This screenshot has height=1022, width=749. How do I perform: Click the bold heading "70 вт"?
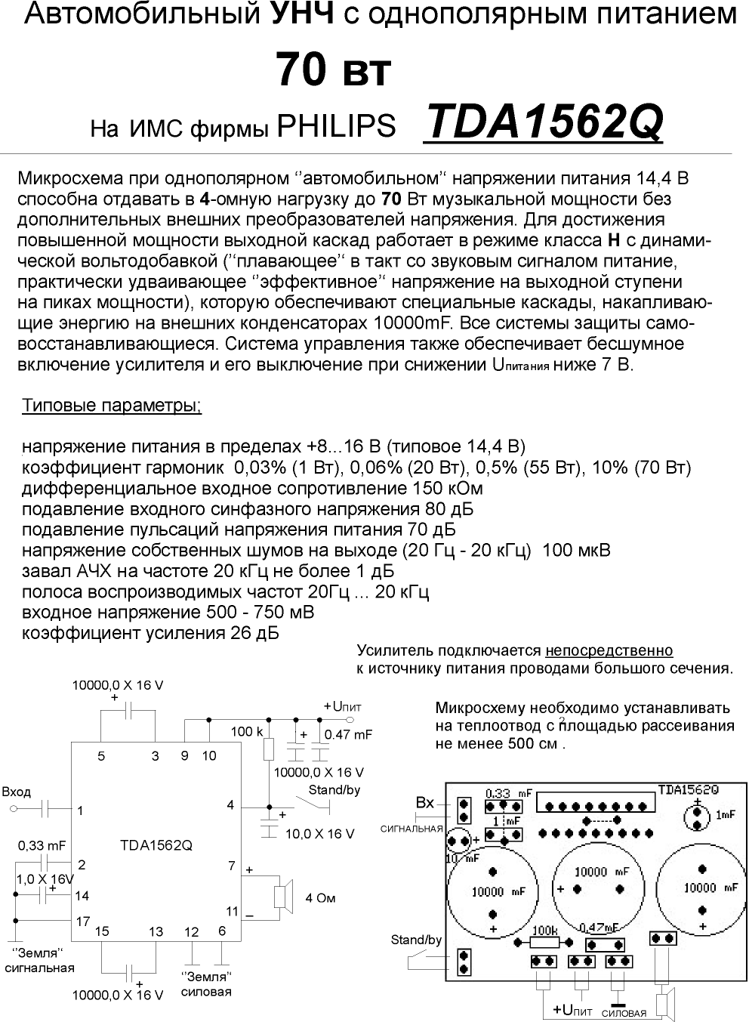tap(333, 70)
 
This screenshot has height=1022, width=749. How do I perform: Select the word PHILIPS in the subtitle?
tap(337, 126)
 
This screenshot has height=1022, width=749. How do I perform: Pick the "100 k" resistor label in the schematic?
tap(247, 731)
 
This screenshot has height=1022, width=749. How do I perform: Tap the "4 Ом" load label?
tap(320, 898)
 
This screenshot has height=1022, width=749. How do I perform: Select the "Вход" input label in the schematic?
tap(16, 792)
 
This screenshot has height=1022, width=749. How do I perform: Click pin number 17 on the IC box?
tap(82, 922)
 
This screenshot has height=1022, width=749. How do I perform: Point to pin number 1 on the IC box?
tap(80, 810)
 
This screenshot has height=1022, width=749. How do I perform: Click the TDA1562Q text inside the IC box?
tap(156, 845)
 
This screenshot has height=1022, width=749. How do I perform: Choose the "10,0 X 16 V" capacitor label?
tap(319, 833)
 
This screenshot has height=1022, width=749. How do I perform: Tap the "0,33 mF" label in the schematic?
tap(42, 845)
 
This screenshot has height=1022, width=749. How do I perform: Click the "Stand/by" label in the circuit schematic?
tap(334, 791)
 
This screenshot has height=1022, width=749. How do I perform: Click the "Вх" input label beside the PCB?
tap(425, 802)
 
